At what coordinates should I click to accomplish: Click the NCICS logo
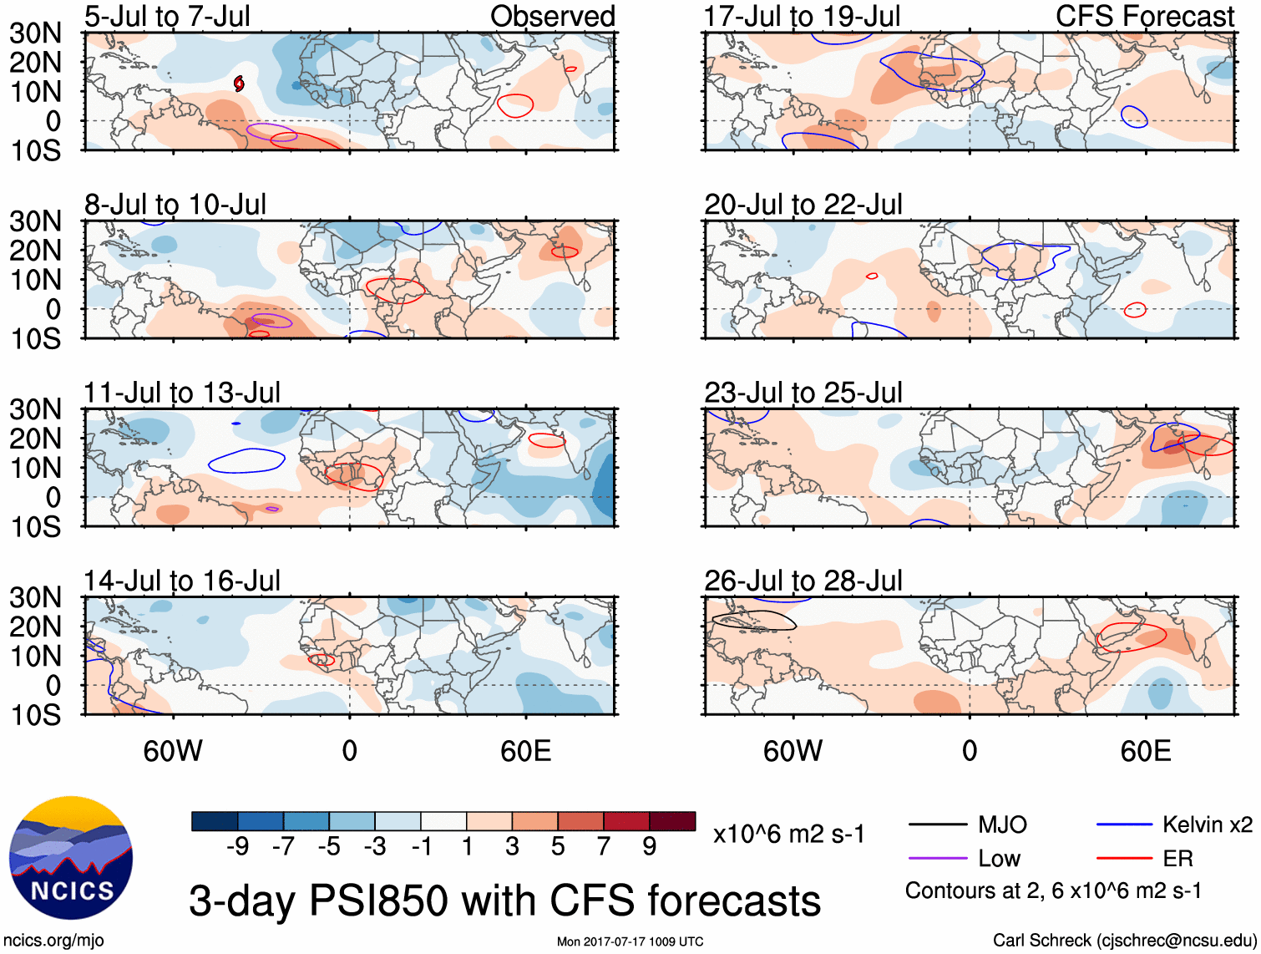pos(71,859)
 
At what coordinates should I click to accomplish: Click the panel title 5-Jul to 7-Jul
pos(167,17)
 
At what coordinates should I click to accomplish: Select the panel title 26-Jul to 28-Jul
pos(803,581)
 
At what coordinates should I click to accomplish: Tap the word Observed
pos(552,17)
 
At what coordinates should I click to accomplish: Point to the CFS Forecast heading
pos(1145,17)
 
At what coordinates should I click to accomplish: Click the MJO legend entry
pos(1002,825)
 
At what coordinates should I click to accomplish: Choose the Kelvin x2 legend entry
pos(1207,825)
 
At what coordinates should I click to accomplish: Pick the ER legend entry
pos(1177,859)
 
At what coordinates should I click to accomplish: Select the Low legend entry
pos(999,859)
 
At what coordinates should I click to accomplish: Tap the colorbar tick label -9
pos(237,847)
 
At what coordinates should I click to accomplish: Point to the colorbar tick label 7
pos(604,847)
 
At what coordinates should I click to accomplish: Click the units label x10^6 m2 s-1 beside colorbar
pos(788,835)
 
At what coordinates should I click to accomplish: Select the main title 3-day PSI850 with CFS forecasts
pos(504,901)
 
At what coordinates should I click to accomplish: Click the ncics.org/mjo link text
pos(53,941)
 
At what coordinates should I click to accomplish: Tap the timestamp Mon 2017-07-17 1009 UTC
pos(630,941)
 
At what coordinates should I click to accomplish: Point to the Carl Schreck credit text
pos(1124,941)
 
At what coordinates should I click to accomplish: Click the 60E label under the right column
pos(1145,751)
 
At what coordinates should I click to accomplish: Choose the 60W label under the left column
pos(173,751)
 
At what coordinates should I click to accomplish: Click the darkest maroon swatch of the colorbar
pos(672,821)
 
